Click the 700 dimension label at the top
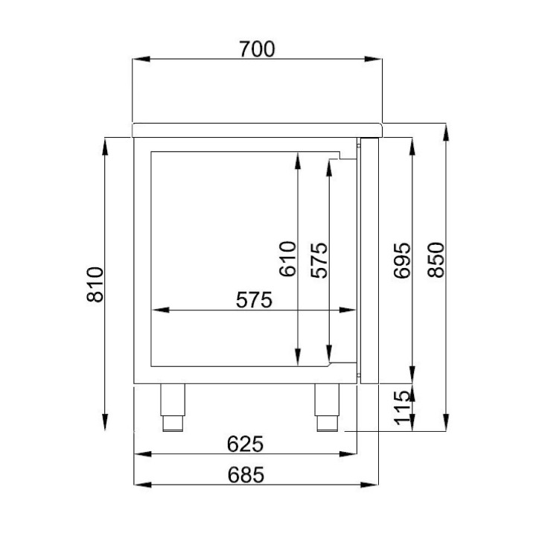click(257, 49)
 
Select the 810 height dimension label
click(95, 284)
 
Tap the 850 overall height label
click(435, 260)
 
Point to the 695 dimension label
click(402, 261)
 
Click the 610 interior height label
click(287, 259)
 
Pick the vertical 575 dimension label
click(319, 260)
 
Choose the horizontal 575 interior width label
click(254, 300)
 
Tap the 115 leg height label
click(402, 408)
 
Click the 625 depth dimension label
click(245, 444)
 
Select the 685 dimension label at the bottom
click(246, 475)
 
